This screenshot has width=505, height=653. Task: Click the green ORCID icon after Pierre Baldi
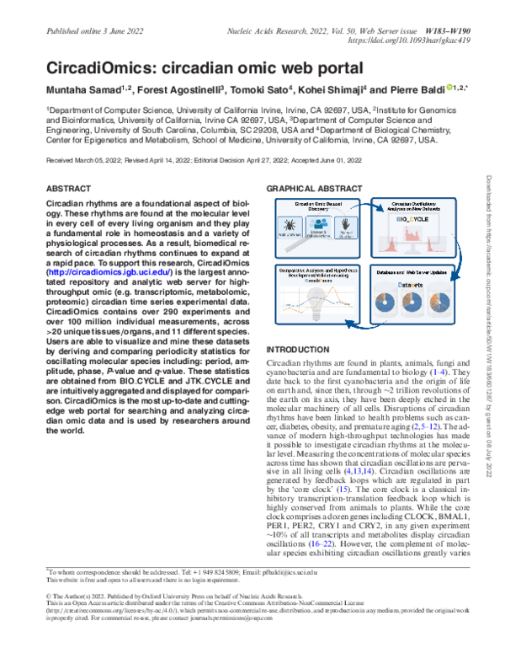coord(430,88)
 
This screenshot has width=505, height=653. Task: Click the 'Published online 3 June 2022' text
coord(91,29)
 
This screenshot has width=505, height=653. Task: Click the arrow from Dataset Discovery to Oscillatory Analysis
coord(359,207)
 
